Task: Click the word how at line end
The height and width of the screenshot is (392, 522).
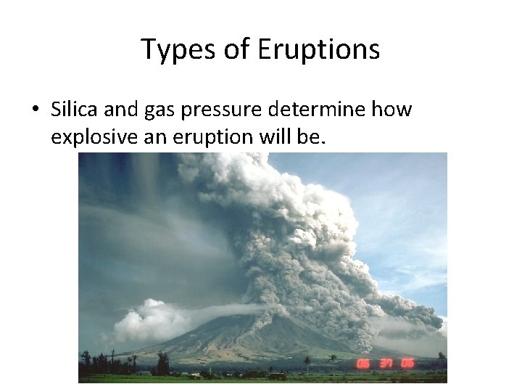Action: tap(392, 110)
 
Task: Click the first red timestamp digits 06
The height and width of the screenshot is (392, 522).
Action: tap(363, 363)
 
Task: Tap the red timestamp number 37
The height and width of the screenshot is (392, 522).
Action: tap(386, 363)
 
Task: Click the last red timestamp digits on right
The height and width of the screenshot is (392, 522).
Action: tap(407, 363)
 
